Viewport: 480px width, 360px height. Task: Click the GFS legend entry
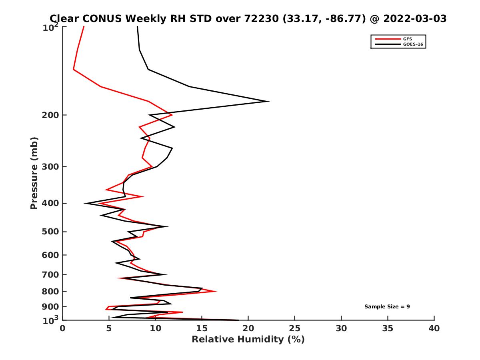pos(408,39)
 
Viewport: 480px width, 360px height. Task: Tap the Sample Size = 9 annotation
pos(387,306)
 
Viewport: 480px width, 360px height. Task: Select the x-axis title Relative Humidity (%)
pos(248,340)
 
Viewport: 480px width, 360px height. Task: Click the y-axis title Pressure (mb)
pos(34,173)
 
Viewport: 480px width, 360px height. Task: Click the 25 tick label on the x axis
pos(295,328)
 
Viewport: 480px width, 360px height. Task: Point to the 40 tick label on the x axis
pos(434,328)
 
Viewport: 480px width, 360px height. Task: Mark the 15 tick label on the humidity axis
pos(202,328)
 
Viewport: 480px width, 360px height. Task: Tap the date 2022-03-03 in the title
pos(414,18)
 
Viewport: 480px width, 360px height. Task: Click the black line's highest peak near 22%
pos(268,101)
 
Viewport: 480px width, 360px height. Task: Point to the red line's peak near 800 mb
pos(216,291)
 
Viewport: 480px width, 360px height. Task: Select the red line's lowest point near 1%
pos(74,69)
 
